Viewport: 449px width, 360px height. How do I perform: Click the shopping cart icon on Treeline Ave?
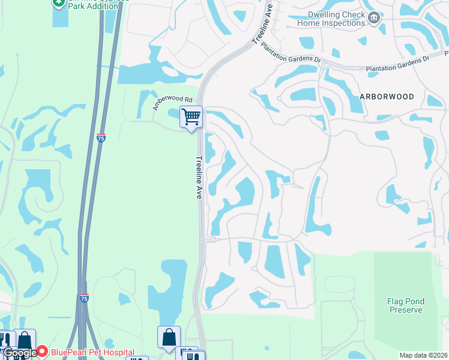191,116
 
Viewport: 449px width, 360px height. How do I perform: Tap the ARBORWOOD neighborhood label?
387,97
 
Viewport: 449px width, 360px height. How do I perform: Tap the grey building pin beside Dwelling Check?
375,18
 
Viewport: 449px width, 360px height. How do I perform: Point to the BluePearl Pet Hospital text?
92,353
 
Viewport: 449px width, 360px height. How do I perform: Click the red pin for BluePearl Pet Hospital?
42,352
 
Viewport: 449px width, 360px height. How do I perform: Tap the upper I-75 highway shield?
101,137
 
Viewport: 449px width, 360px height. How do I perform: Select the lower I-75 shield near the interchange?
84,298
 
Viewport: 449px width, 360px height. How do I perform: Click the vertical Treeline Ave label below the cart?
199,178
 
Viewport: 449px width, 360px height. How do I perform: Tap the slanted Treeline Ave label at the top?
262,25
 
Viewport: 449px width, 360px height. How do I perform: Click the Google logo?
19,353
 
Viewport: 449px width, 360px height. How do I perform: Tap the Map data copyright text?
424,355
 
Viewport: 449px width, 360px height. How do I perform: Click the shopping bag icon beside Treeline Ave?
169,337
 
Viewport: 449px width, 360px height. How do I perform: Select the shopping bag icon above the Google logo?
25,340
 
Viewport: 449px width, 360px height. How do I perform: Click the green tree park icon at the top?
59,3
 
